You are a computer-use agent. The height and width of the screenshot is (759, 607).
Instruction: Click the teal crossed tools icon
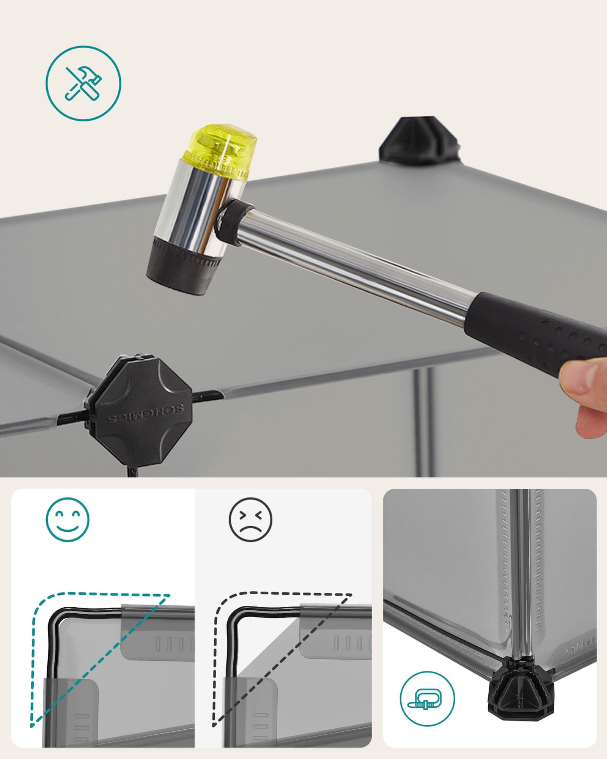pyautogui.click(x=83, y=83)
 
